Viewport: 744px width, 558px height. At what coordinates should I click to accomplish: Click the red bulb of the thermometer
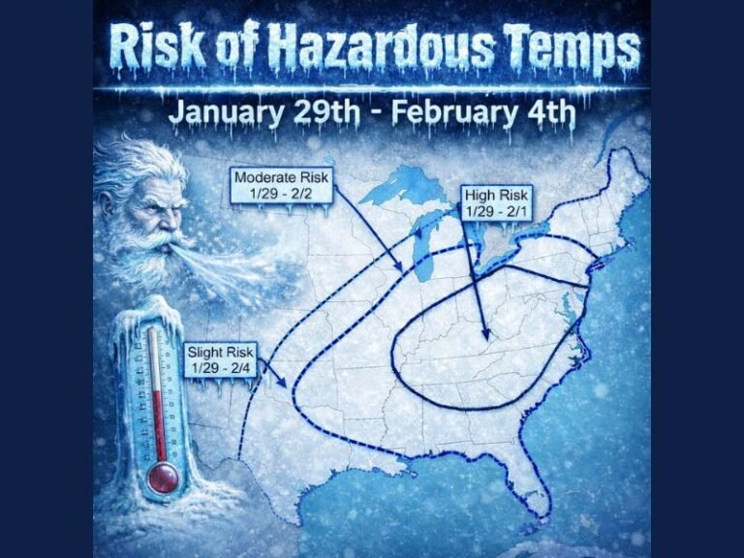click(x=164, y=476)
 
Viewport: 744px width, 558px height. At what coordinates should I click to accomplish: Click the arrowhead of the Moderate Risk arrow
click(x=400, y=270)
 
